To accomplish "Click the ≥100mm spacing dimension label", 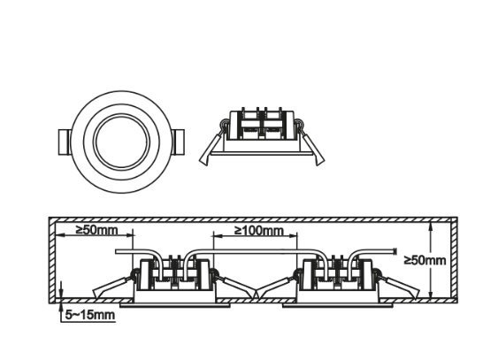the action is tap(259, 231).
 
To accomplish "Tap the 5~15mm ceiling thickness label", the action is tap(90, 315).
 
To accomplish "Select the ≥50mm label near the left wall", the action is tap(96, 230).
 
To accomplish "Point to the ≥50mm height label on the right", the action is tap(425, 260).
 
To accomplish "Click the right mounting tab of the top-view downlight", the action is tap(178, 142).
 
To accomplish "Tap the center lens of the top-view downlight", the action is tap(122, 142).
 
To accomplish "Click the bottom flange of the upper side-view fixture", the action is tap(262, 153).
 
